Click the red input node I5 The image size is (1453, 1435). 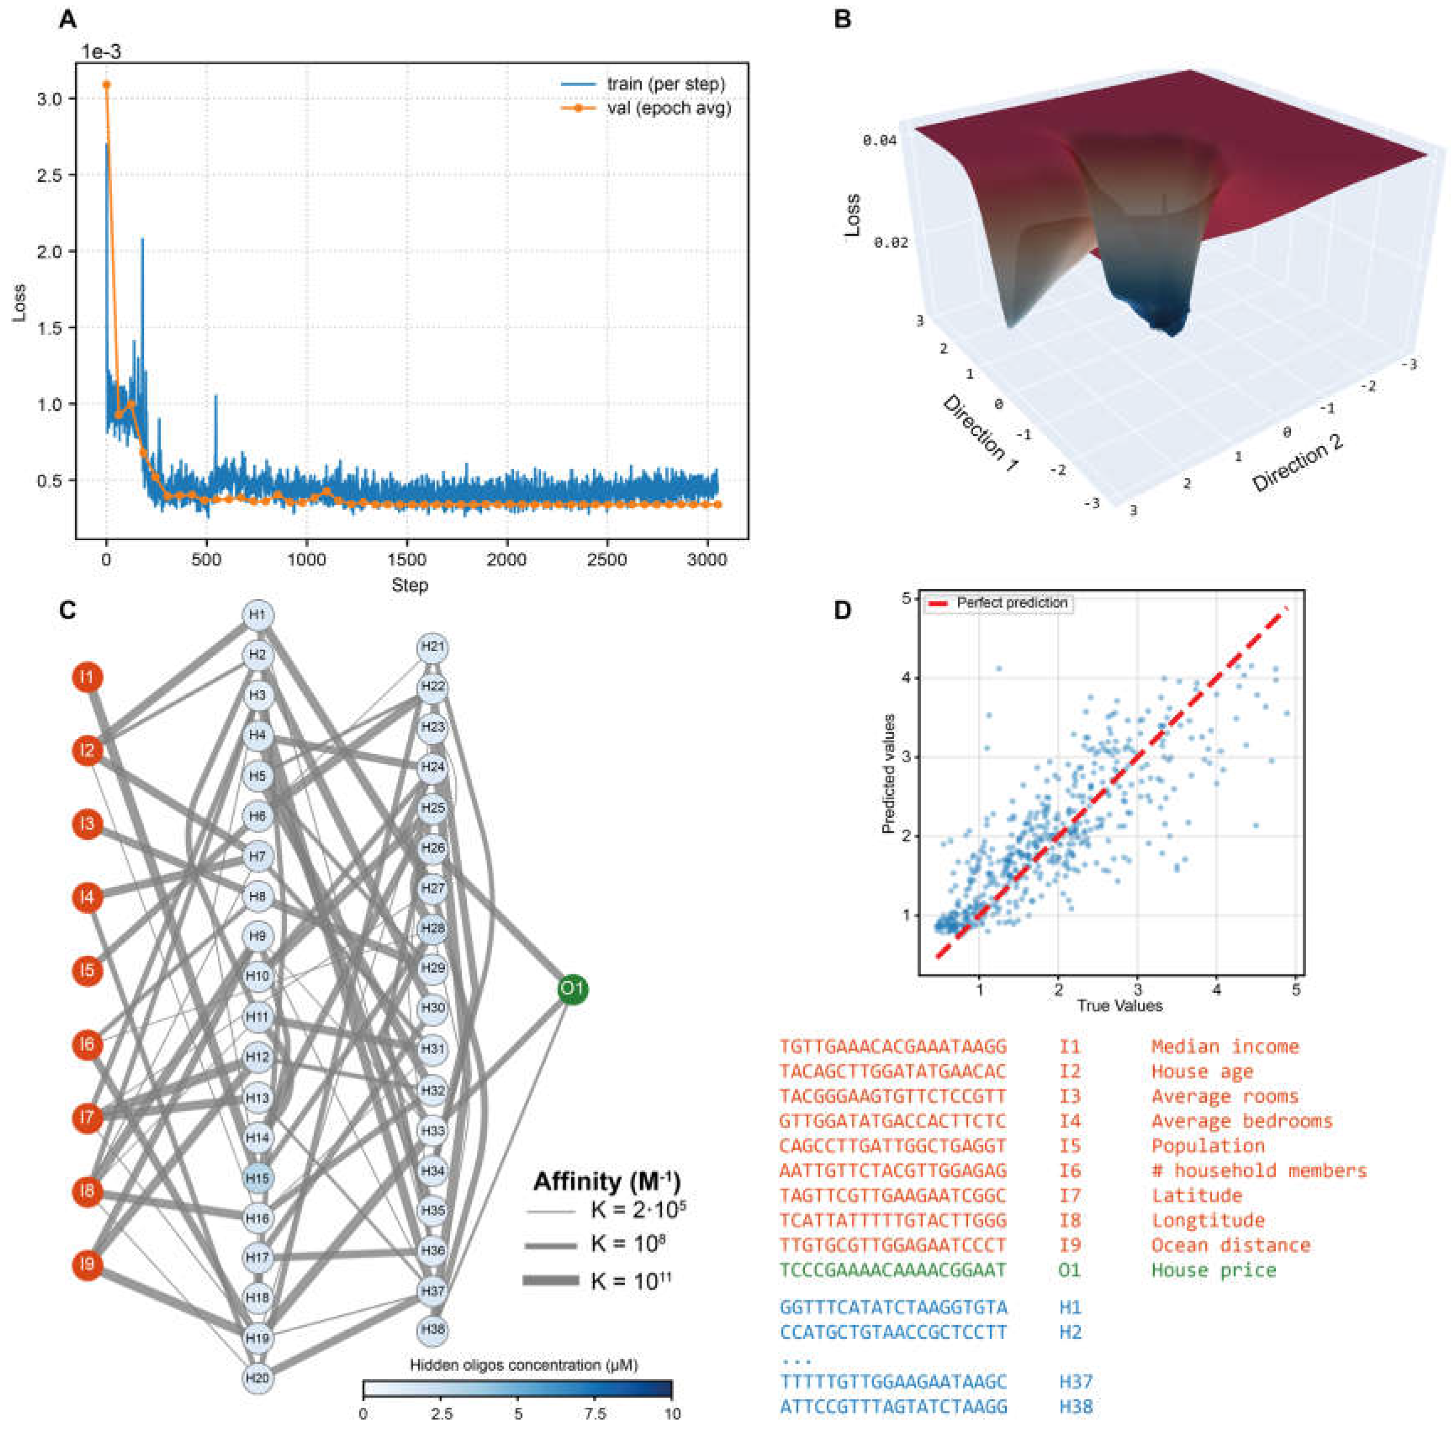click(88, 970)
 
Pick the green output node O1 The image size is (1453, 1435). click(572, 988)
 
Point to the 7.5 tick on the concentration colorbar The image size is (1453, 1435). click(595, 1414)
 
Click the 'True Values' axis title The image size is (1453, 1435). click(1119, 1006)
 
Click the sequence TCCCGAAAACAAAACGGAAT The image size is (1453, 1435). click(893, 1270)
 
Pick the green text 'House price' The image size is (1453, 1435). click(1214, 1270)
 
